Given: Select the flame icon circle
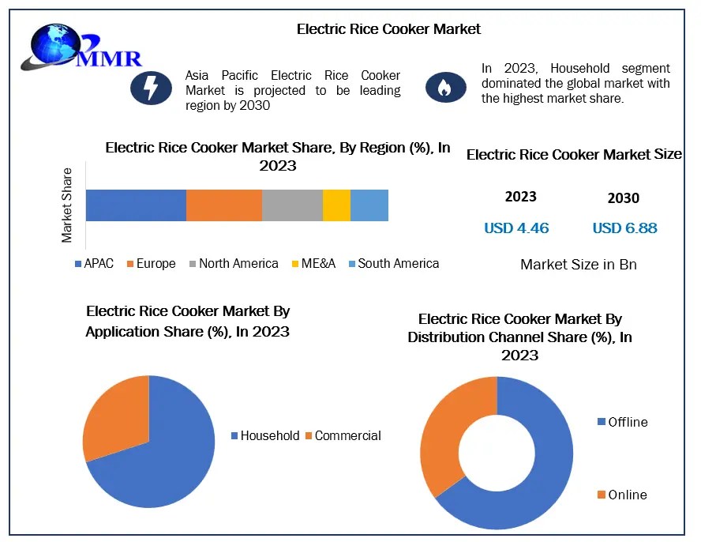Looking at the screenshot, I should click(x=446, y=87).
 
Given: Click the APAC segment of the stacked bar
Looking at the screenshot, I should click(x=136, y=205).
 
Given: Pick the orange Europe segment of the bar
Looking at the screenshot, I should click(x=224, y=205).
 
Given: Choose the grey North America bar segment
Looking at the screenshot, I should click(x=292, y=205).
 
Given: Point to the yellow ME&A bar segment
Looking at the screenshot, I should click(x=336, y=205).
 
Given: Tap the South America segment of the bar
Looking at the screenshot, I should click(x=369, y=205).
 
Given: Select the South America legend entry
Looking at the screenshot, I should click(x=394, y=263).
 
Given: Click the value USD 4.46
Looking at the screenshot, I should click(x=516, y=228).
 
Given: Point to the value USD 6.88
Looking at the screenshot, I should click(x=624, y=228).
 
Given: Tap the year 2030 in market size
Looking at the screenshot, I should click(x=624, y=198).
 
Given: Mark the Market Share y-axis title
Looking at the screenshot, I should click(x=67, y=205).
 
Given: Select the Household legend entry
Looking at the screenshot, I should click(x=265, y=435).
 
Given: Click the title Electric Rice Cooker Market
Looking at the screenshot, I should click(x=388, y=29).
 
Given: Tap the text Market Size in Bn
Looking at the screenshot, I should click(x=579, y=265).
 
